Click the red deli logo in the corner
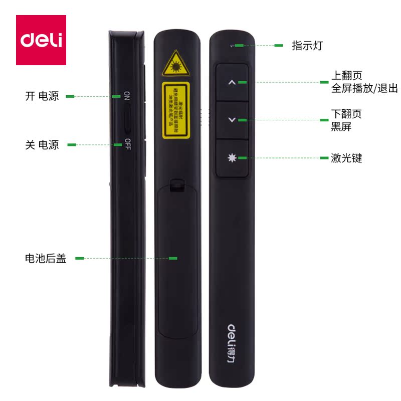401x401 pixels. (x=41, y=40)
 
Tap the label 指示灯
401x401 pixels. (x=307, y=46)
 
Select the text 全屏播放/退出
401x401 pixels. (x=364, y=89)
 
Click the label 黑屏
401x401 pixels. (x=341, y=127)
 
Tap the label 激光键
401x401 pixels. (x=346, y=158)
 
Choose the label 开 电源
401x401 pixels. (x=42, y=96)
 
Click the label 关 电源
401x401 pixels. (x=42, y=145)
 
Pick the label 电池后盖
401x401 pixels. (x=46, y=259)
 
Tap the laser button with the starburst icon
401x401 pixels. (x=232, y=157)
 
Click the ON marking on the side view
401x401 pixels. (x=127, y=95)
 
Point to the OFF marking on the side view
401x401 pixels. (x=128, y=143)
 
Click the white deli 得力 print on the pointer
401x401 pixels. (x=232, y=342)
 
